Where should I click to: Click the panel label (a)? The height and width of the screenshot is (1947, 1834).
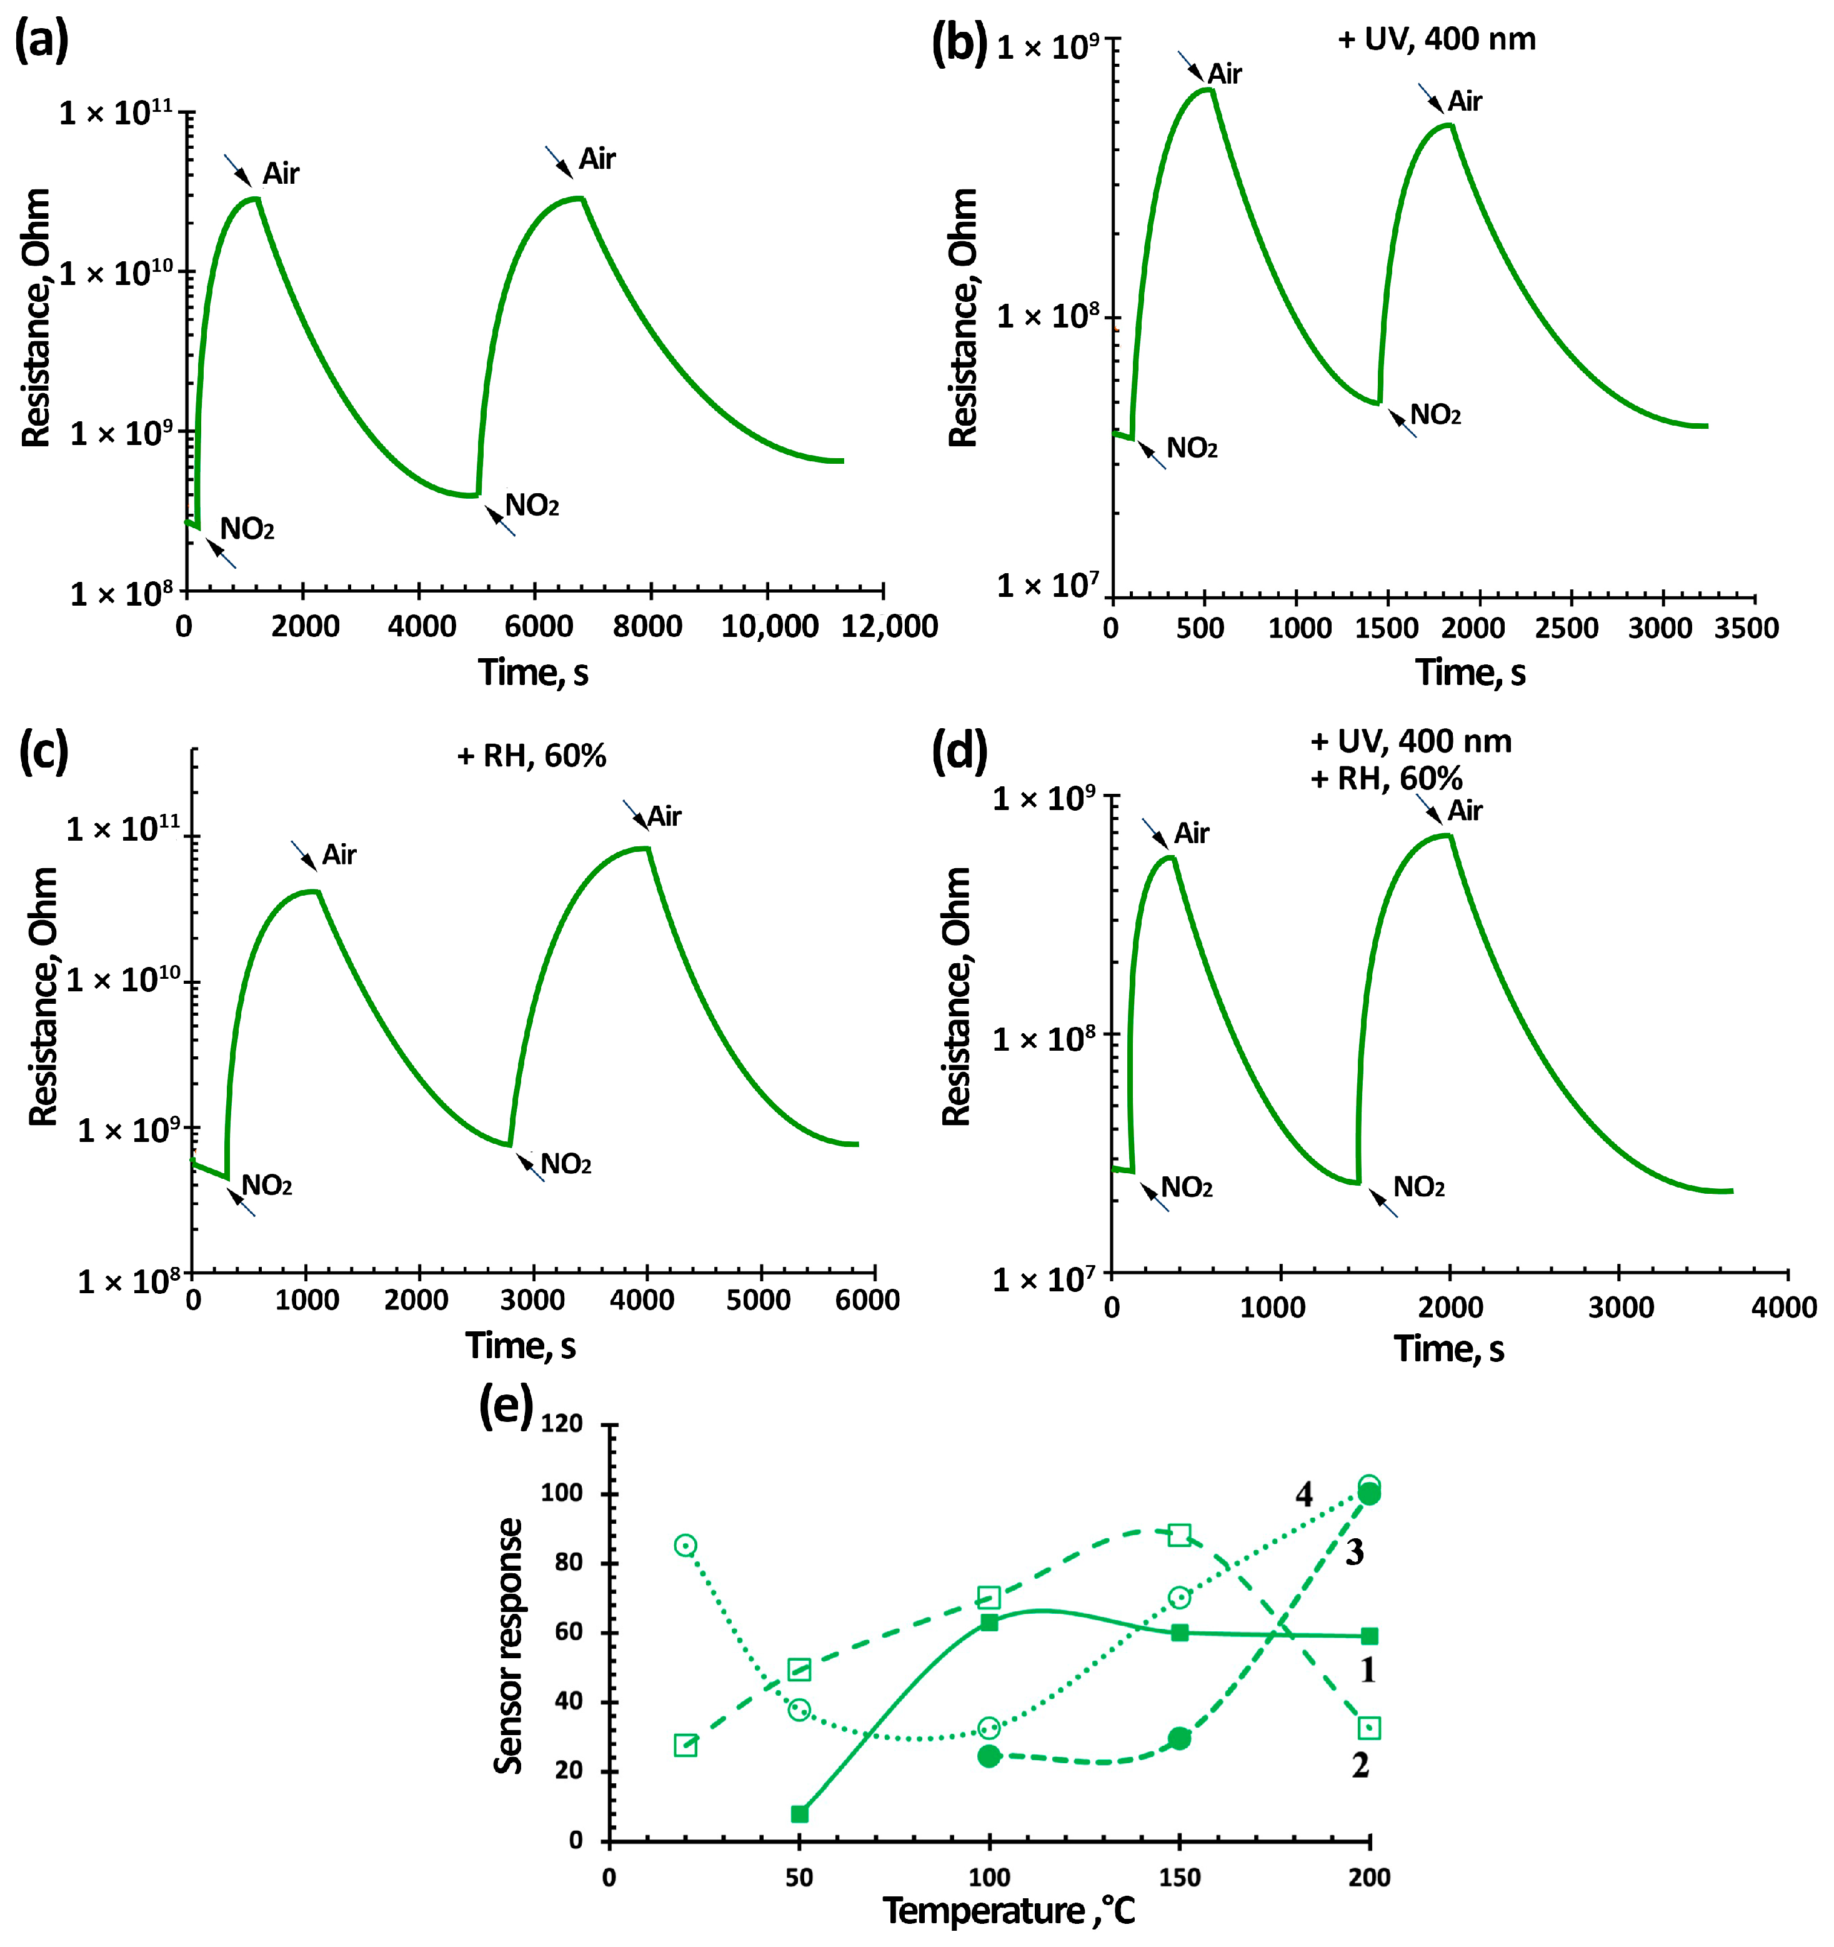(x=41, y=41)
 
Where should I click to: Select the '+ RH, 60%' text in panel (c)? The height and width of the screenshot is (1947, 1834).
(x=532, y=755)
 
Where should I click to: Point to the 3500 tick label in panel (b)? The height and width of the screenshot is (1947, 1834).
(x=1746, y=628)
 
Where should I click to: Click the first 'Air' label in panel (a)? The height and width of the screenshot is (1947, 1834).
(x=280, y=173)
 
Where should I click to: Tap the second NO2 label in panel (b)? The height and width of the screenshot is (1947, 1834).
(x=1435, y=414)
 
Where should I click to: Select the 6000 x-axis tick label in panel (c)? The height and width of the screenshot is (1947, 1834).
(x=867, y=1299)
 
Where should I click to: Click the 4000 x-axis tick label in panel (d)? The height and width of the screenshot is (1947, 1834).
(x=1783, y=1306)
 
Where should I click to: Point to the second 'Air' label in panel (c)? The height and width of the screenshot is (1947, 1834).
(x=664, y=816)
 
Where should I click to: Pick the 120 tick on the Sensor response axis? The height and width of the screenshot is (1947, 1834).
(x=562, y=1423)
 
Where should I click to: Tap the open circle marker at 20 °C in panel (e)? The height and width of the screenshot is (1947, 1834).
(x=685, y=1546)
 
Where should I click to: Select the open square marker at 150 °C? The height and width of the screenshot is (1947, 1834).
(x=1180, y=1534)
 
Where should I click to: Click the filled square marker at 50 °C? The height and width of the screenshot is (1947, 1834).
(x=799, y=1814)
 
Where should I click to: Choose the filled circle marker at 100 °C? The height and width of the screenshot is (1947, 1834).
(x=989, y=1756)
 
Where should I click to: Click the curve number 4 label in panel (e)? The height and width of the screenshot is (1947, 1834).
(x=1303, y=1494)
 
